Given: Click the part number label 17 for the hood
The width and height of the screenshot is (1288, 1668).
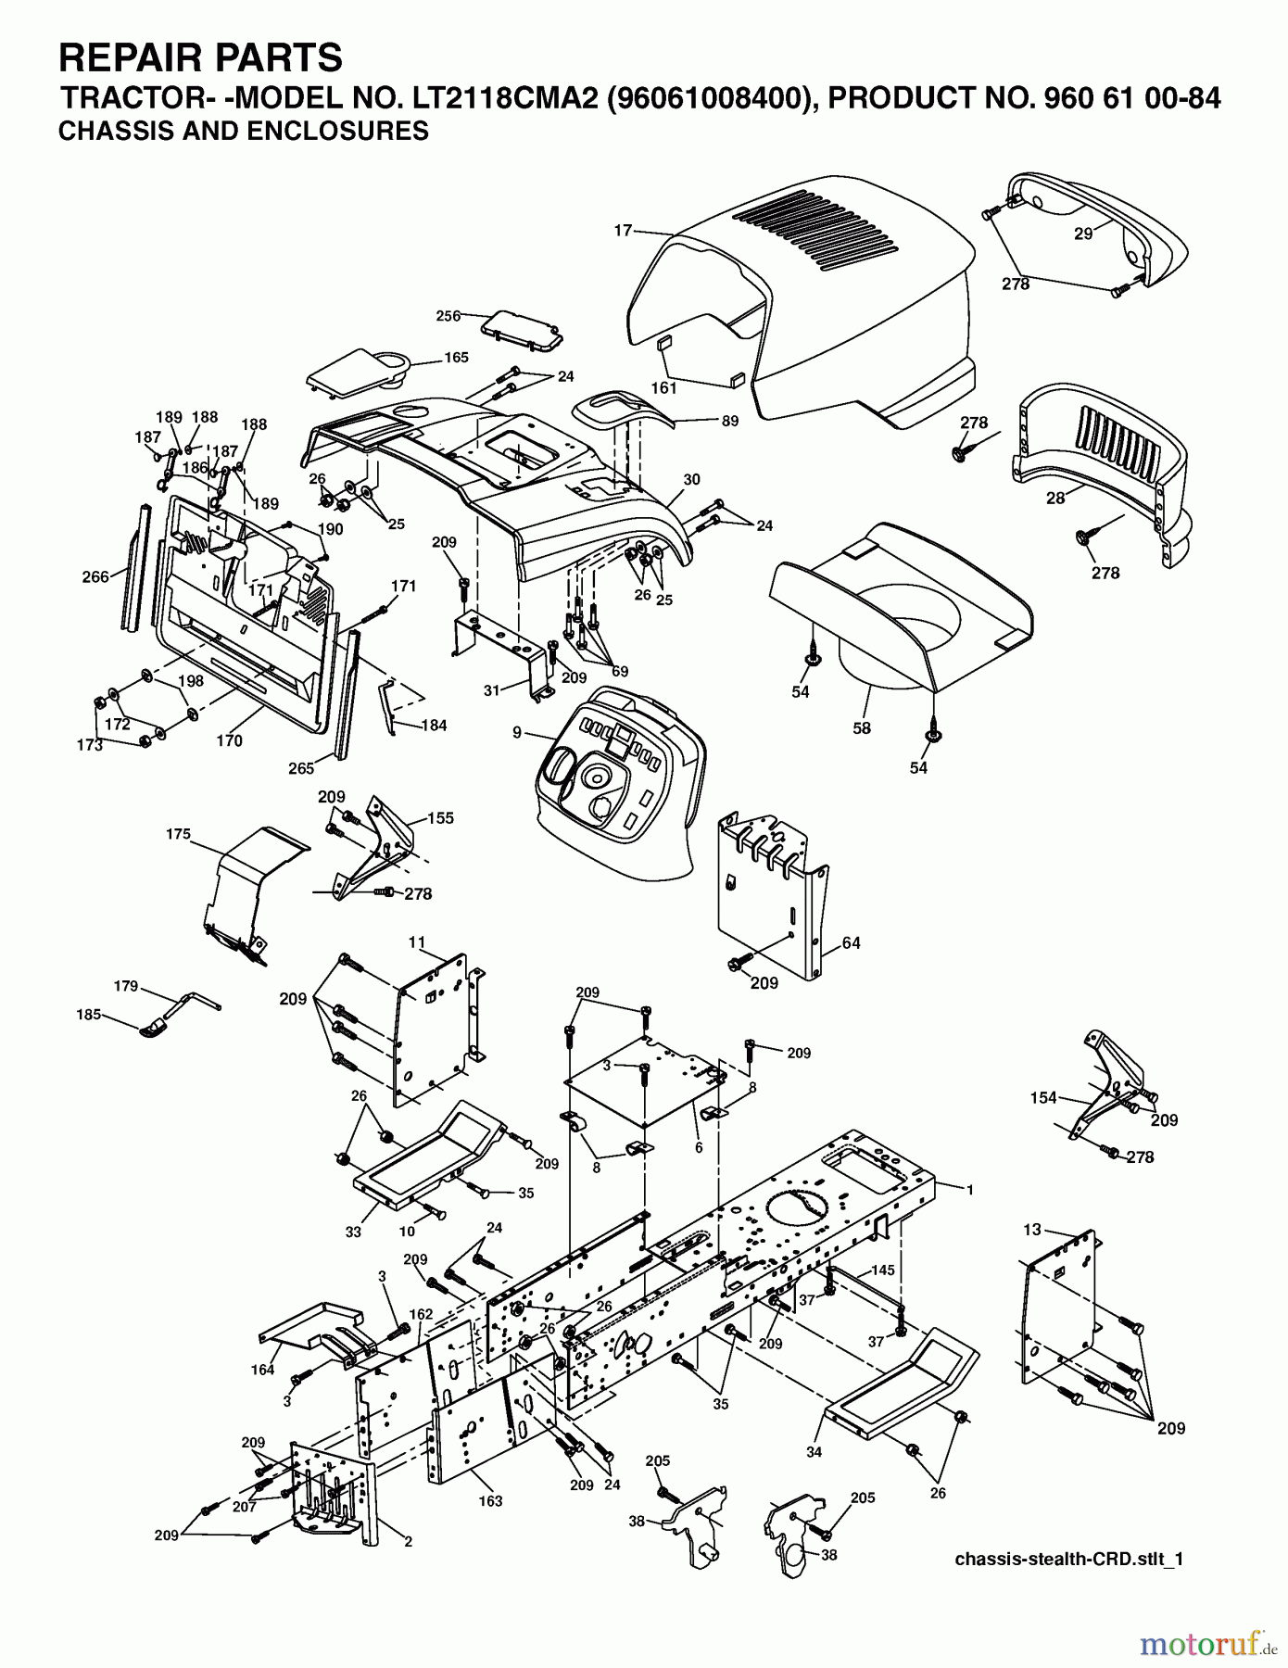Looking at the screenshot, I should pos(623,230).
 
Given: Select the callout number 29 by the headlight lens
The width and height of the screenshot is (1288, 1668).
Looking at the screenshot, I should pos(1083,234).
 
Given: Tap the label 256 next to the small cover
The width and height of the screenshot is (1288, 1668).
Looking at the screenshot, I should pos(448,316).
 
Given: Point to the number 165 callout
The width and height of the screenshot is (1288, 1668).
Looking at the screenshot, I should pos(456,357).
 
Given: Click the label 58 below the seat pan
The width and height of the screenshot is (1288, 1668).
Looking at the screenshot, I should pos(862,728).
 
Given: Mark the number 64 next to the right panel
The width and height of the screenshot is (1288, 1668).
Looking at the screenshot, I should pos(851,943).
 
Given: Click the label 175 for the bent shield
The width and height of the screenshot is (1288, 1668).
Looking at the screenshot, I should pos(178,834).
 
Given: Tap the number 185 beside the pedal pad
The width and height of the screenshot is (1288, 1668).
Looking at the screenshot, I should pos(89,1015).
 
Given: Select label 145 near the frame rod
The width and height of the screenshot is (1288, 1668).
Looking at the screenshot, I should pos(883,1270).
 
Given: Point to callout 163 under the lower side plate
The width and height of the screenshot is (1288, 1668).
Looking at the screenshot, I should pos(490,1500).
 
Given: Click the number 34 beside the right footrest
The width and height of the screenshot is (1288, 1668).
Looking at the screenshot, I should pos(814,1452).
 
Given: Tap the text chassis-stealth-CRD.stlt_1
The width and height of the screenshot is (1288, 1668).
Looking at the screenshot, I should pos(1069,1560).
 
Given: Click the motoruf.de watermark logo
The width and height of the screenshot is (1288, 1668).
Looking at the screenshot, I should pos(1206,1645).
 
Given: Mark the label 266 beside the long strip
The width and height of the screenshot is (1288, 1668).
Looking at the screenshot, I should pos(95,576).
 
